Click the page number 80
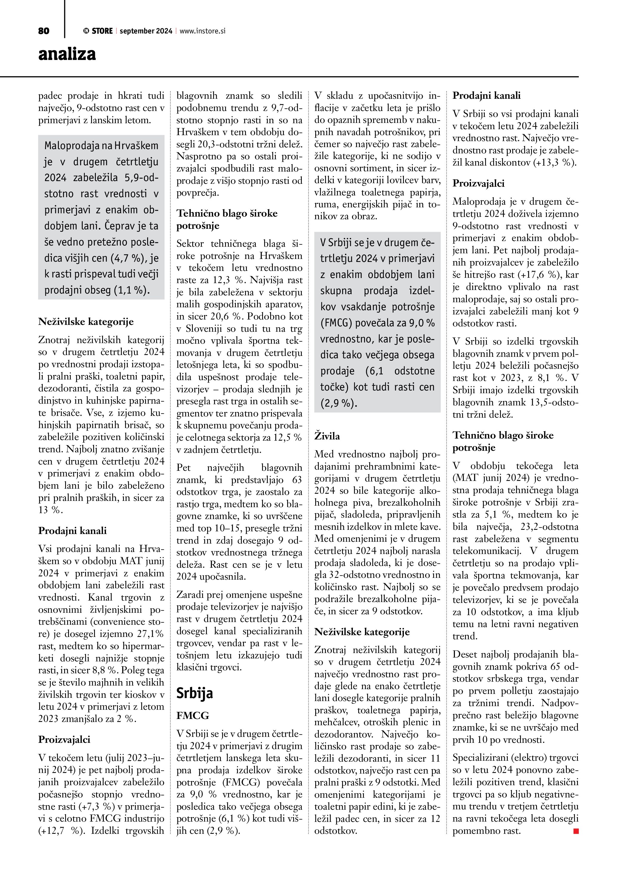[x=44, y=31]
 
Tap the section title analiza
[x=67, y=54]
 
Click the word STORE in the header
[x=102, y=31]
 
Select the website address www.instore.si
[x=202, y=31]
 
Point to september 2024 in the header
[x=146, y=31]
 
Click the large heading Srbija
[x=195, y=694]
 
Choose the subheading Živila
[x=327, y=436]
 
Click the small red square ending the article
[x=576, y=831]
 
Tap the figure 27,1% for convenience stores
[x=150, y=634]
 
